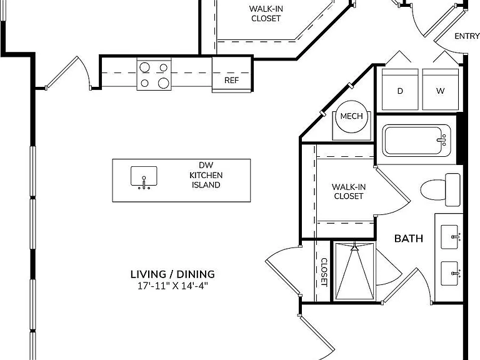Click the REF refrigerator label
tap(231, 80)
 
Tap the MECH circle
tap(351, 116)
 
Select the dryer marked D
tap(400, 89)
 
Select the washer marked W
tap(440, 89)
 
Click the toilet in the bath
tap(440, 190)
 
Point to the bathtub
tap(416, 141)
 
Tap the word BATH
tap(409, 239)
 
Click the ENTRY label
tap(467, 36)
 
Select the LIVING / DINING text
tap(172, 274)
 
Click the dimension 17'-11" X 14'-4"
tap(172, 286)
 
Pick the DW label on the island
tap(206, 165)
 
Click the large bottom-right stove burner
tap(164, 83)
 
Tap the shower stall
tap(354, 271)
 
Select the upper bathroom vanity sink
tap(450, 237)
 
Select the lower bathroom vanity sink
tap(450, 273)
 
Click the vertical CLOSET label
tap(324, 272)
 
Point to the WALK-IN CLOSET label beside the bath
tap(348, 191)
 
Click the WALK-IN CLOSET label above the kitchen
tap(266, 14)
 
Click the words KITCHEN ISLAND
tap(206, 180)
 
